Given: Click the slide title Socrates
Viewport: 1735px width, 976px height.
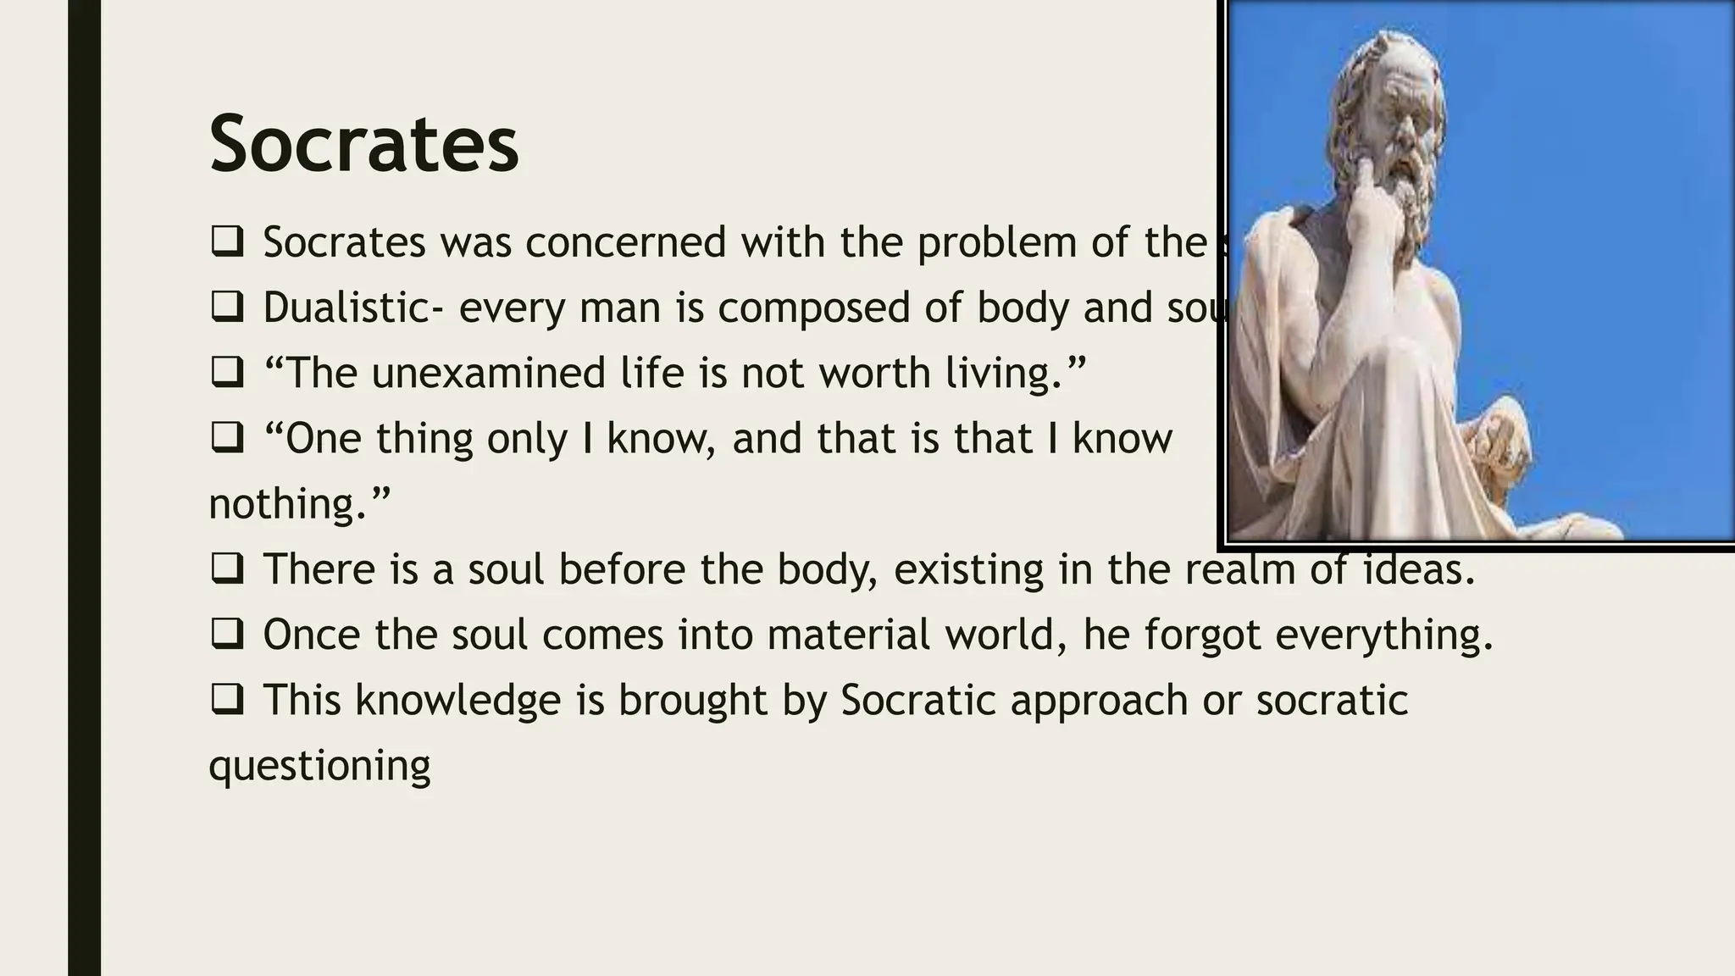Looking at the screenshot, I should pyautogui.click(x=363, y=144).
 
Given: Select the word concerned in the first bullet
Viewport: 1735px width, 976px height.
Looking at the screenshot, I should pyautogui.click(x=625, y=242).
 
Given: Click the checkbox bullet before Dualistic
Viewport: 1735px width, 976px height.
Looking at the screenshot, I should pyautogui.click(x=226, y=307).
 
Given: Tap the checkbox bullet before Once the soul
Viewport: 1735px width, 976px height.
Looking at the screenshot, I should pyautogui.click(x=226, y=634).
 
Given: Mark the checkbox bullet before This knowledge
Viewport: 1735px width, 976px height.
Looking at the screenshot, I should pyautogui.click(x=226, y=700).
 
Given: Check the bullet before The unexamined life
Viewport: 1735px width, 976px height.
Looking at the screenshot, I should pyautogui.click(x=226, y=373).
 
